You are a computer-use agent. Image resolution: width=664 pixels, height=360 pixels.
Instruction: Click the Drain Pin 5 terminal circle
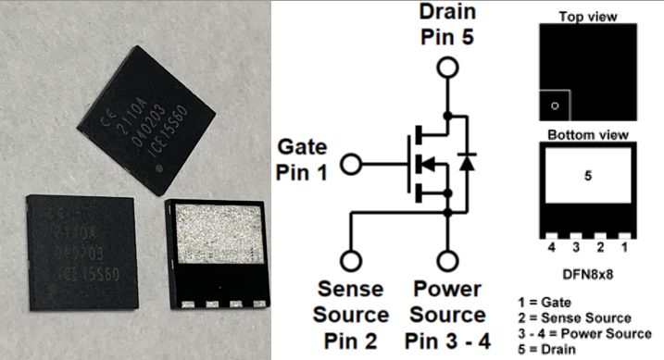[x=447, y=67]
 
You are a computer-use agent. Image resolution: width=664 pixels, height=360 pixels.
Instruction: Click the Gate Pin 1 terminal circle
[x=351, y=165]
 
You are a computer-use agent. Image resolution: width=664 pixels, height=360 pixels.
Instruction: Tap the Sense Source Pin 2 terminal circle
[x=351, y=260]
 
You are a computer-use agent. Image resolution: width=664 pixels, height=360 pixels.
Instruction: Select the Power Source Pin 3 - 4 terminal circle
[x=447, y=260]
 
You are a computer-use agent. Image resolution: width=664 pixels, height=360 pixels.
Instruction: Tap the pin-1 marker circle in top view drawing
[x=554, y=106]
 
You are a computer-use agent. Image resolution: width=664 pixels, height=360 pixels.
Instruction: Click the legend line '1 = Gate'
[x=567, y=302]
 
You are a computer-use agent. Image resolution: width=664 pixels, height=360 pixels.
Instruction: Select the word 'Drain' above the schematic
[x=447, y=12]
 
